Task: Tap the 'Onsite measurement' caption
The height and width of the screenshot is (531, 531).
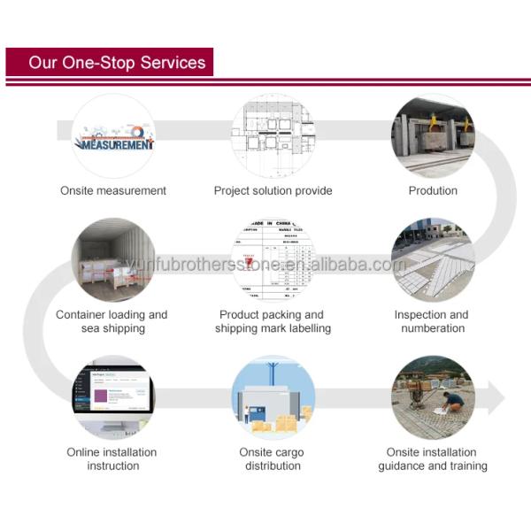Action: (113, 190)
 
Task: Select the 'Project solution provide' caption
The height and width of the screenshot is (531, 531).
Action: (273, 190)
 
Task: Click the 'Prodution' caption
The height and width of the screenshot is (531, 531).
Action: (433, 190)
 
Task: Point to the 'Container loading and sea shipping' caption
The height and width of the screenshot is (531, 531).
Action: (112, 321)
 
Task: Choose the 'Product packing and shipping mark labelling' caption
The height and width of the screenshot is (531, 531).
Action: (273, 321)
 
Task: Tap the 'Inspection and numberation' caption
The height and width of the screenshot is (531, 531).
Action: (432, 321)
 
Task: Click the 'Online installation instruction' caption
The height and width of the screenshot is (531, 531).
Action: (113, 458)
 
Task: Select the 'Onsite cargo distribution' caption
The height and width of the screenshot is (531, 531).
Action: (272, 458)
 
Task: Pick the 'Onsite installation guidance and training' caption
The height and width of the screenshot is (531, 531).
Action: (433, 458)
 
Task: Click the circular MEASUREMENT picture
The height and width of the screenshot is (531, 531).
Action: (113, 137)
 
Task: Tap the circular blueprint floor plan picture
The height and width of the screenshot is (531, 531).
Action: (273, 137)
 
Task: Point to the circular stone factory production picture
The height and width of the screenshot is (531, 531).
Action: (433, 137)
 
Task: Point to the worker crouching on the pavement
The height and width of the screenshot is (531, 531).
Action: (452, 403)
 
